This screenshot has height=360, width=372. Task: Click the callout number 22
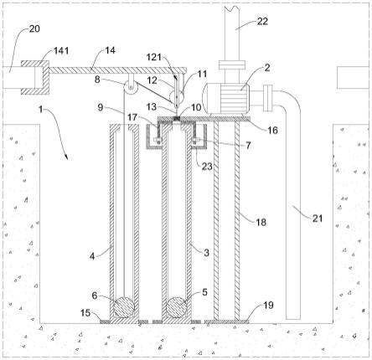[x=262, y=22]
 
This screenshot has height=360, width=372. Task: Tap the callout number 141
[x=61, y=51]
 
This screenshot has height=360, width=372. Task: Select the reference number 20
[x=34, y=28]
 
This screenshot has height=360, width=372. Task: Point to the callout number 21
[x=318, y=219]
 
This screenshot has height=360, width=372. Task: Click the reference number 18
[x=261, y=222]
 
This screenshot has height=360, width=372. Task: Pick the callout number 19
[x=268, y=306]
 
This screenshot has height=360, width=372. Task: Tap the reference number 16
[x=273, y=130]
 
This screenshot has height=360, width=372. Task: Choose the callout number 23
[x=207, y=167]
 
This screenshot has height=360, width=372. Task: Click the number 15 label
[x=85, y=313]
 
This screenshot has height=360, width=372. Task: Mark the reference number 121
[x=154, y=57]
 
